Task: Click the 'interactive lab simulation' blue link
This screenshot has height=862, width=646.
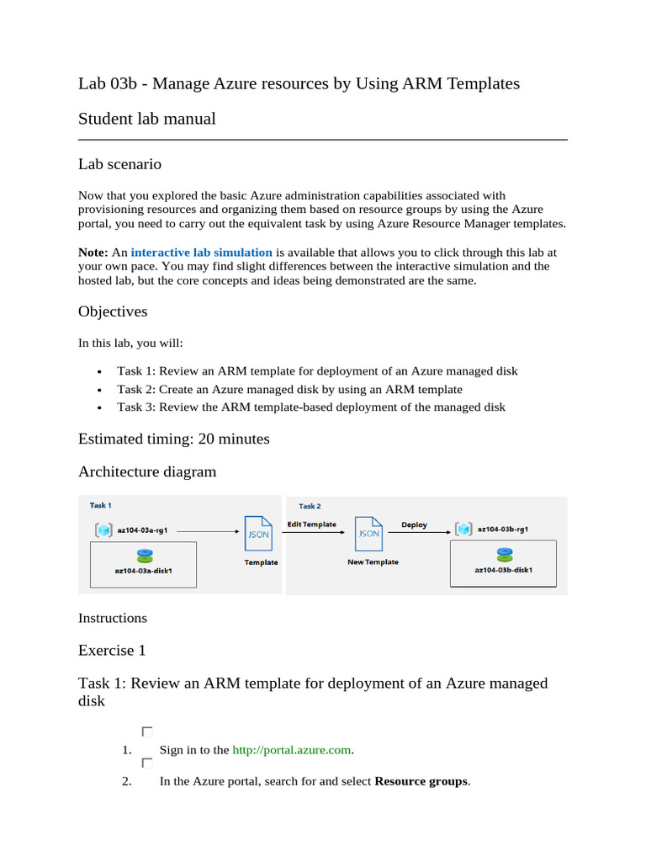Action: [201, 253]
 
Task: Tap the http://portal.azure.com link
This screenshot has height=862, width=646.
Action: [290, 750]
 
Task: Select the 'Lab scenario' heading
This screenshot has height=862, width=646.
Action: [119, 164]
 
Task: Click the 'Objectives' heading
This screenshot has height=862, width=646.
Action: [113, 311]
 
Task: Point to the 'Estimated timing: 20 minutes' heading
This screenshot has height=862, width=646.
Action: [174, 439]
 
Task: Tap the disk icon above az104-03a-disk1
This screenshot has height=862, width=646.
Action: [144, 556]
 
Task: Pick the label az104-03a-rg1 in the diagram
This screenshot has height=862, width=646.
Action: [142, 530]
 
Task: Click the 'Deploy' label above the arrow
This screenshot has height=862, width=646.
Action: [414, 524]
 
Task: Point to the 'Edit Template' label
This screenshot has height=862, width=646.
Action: [311, 524]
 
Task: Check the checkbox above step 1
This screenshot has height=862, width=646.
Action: [147, 732]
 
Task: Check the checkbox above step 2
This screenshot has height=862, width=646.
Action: [147, 764]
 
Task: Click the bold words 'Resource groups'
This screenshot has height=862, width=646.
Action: [421, 781]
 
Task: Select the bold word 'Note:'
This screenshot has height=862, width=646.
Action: [93, 253]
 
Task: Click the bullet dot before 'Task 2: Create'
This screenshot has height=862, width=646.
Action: [99, 390]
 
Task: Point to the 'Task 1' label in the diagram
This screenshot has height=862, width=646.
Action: [100, 505]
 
